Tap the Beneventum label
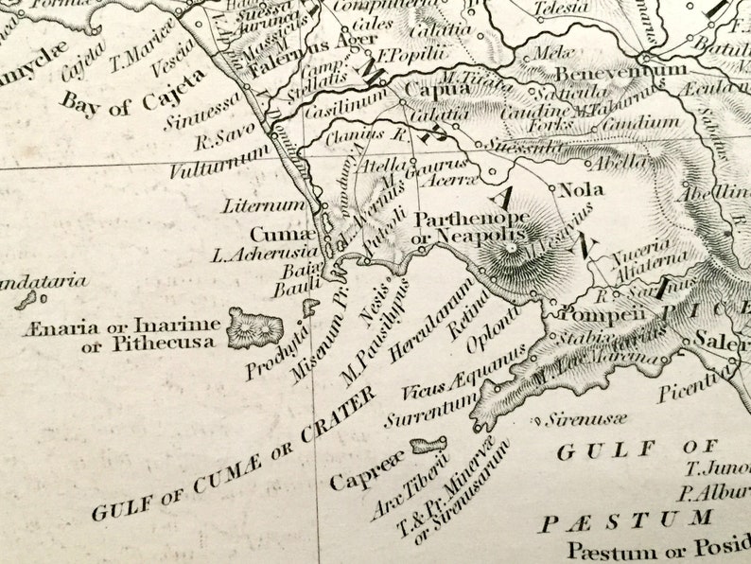pyautogui.click(x=620, y=71)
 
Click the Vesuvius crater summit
pyautogui.click(x=512, y=249)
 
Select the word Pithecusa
pyautogui.click(x=162, y=344)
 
